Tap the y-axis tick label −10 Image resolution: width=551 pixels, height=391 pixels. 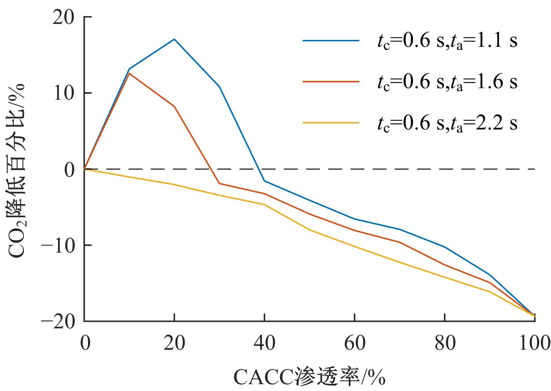[x=58, y=246]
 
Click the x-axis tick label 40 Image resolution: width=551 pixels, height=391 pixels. [x=264, y=344]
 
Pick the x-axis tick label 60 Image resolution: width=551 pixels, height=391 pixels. [x=355, y=344]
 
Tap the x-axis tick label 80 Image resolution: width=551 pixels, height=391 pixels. [x=445, y=344]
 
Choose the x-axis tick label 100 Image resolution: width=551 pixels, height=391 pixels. [x=534, y=344]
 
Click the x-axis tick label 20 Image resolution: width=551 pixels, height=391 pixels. [x=174, y=344]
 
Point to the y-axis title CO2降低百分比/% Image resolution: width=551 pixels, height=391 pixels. [x=17, y=171]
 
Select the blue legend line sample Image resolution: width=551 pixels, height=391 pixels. [x=331, y=41]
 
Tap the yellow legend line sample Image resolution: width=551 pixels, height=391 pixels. [x=331, y=123]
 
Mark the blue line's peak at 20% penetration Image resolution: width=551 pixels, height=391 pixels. [x=174, y=39]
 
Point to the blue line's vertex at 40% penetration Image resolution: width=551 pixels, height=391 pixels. [x=264, y=181]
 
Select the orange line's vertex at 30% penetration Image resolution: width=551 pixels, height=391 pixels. [x=219, y=184]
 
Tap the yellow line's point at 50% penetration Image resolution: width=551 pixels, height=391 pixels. [x=309, y=230]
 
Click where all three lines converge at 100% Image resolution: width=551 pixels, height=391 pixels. [x=535, y=316]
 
